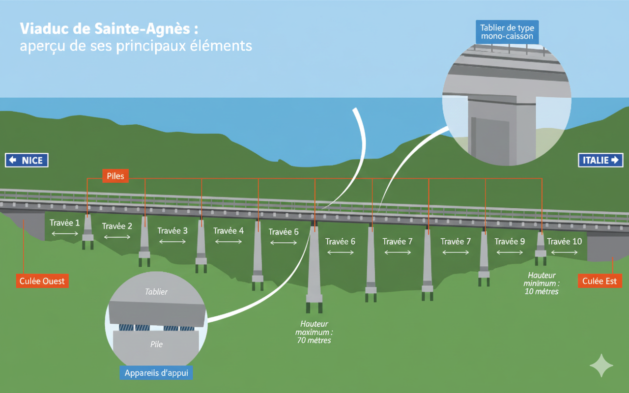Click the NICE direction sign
tap(27, 160)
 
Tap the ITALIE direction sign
tap(600, 160)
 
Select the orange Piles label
tap(115, 176)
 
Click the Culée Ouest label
tap(42, 281)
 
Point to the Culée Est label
tap(600, 281)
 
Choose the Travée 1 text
tap(64, 223)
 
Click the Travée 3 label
tap(172, 230)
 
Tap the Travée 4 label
tap(229, 230)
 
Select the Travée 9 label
tap(510, 241)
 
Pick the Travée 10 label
tap(564, 241)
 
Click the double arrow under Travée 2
tap(117, 237)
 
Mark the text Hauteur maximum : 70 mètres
tap(314, 332)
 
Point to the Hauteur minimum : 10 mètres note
tap(543, 283)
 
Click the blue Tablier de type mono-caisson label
tap(507, 32)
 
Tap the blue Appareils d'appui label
tap(156, 373)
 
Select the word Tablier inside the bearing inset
tap(156, 292)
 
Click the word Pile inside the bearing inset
tap(156, 344)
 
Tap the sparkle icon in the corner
tap(601, 366)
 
